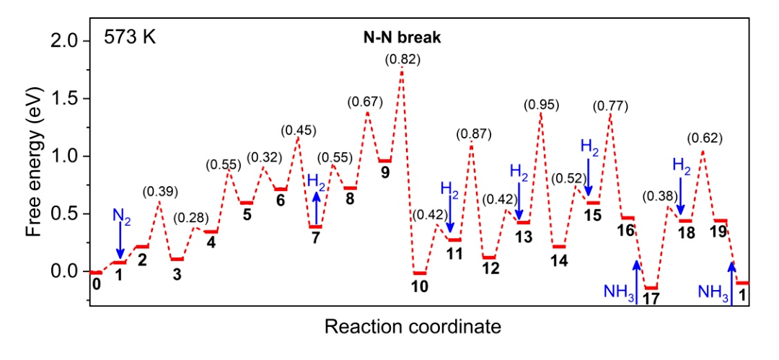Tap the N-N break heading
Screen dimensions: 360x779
[x=401, y=37]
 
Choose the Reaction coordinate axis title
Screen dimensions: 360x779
[x=412, y=328]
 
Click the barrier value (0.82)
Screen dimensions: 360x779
[x=402, y=60]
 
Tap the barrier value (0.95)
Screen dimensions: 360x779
[x=541, y=105]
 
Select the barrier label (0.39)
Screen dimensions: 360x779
[x=160, y=191]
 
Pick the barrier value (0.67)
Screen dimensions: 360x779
[x=365, y=101]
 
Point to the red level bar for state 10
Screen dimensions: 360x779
[x=420, y=273]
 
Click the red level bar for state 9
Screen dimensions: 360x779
[x=384, y=160]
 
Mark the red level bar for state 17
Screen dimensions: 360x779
[x=651, y=288]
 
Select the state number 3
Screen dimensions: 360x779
[x=177, y=274]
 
